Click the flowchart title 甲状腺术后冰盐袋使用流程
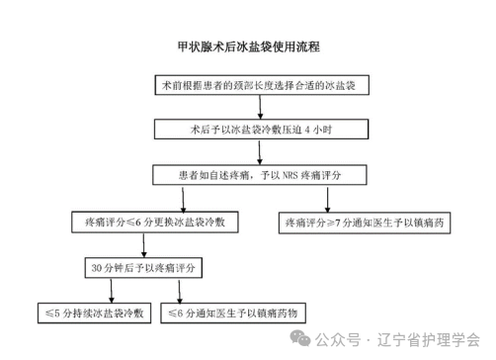point(248,46)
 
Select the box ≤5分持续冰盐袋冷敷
point(91,313)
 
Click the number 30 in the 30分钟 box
point(97,268)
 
